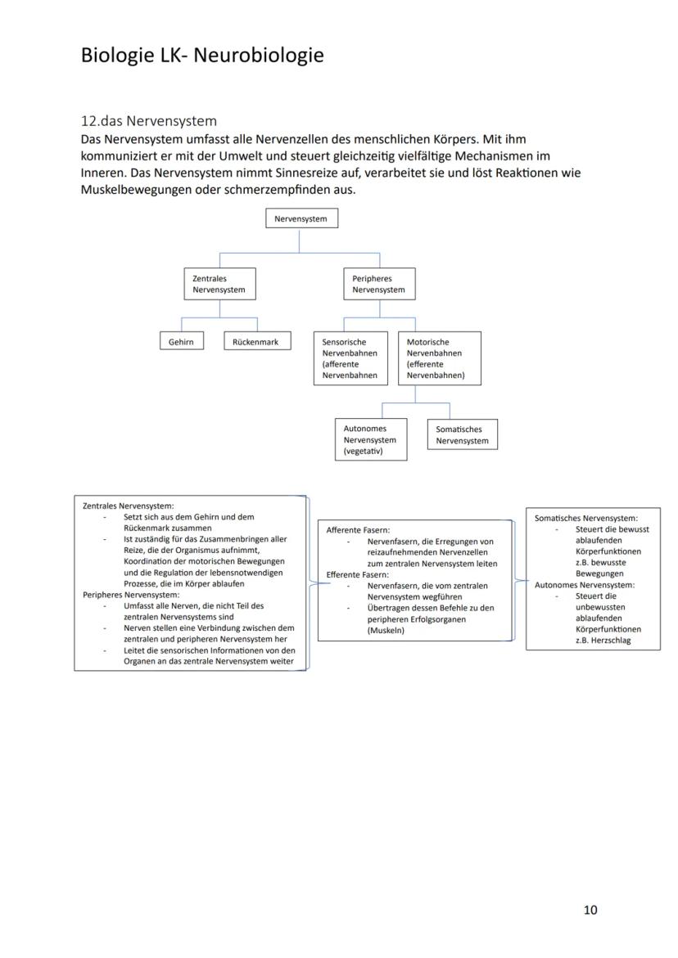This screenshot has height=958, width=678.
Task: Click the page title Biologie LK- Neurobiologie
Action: (x=201, y=56)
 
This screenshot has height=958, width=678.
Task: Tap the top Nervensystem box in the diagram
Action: (x=301, y=218)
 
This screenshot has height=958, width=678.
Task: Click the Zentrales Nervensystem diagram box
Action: (x=219, y=284)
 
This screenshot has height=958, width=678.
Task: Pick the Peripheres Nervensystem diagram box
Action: (x=378, y=284)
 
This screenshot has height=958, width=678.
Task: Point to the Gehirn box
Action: (x=181, y=341)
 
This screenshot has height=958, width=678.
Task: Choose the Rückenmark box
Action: (x=257, y=341)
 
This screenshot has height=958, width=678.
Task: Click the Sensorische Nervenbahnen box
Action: (x=350, y=358)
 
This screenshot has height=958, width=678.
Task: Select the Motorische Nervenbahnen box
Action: (x=439, y=358)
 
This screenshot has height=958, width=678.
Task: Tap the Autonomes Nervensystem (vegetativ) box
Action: (x=370, y=440)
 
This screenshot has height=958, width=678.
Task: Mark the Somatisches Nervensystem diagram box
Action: (x=462, y=434)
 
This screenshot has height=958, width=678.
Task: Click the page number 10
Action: (x=590, y=910)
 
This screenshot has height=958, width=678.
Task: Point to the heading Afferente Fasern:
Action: (x=358, y=530)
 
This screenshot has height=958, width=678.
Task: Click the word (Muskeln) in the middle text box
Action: (x=386, y=630)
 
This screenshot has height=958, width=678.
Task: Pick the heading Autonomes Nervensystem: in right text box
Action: (x=585, y=585)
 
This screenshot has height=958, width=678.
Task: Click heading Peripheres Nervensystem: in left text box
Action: (x=131, y=595)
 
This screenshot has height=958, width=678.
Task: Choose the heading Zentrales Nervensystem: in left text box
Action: (x=128, y=506)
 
